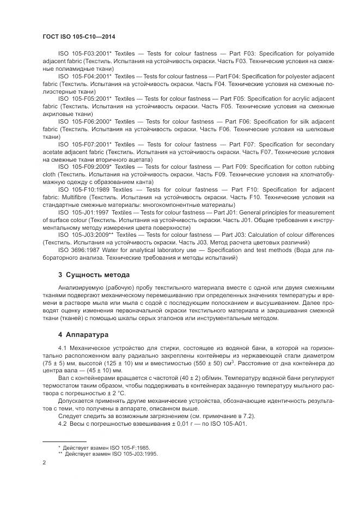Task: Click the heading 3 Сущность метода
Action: (x=94, y=275)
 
